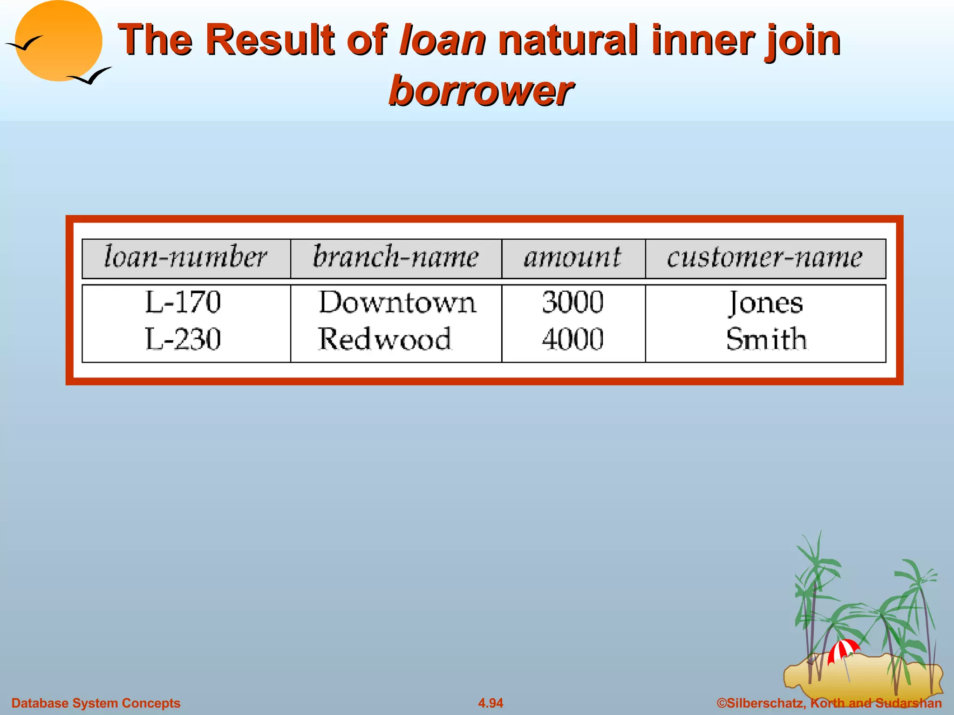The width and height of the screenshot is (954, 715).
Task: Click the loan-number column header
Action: coord(185,257)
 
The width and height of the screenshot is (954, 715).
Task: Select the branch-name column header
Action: coord(395,257)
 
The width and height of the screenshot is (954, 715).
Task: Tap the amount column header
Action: coord(572,257)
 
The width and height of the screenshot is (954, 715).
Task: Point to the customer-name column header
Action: coord(765,257)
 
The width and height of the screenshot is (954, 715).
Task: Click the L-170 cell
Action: coord(183,302)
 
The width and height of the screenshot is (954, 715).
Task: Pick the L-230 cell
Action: coord(183,338)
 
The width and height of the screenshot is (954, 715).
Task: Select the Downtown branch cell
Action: coord(397,303)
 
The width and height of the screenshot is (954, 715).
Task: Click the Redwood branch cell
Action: coord(385,338)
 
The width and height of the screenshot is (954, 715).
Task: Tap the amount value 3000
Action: coord(572,302)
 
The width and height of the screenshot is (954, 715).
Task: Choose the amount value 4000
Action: coord(572,338)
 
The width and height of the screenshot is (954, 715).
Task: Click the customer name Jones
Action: coord(766,303)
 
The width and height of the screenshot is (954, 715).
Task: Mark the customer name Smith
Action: coord(766,338)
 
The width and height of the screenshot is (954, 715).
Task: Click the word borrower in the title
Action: coord(480,90)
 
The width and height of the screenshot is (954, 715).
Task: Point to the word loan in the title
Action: coord(443,40)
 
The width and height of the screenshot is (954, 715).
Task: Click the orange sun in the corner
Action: coord(59,41)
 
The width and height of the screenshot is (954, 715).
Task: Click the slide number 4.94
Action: coord(491,703)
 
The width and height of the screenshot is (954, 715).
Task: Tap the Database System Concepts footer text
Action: coord(96,703)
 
